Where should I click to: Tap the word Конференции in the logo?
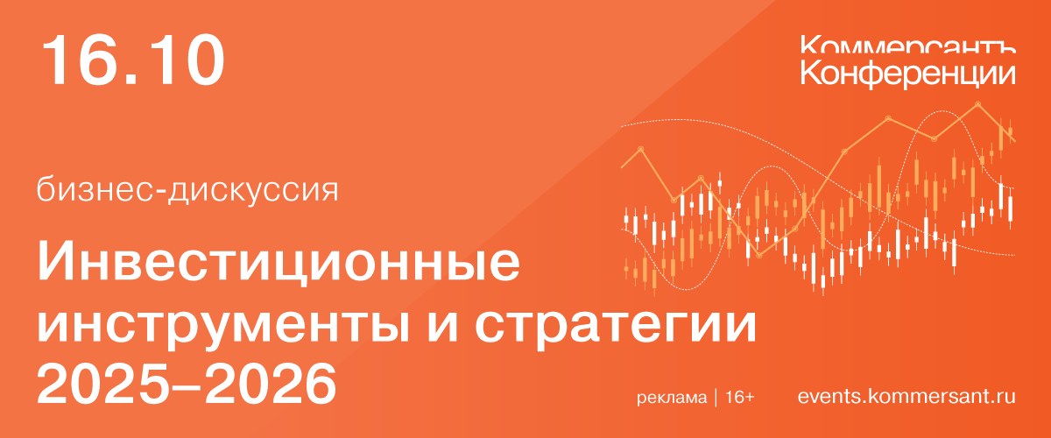[x=908, y=72]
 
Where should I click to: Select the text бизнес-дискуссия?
[x=187, y=188]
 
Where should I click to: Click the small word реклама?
[x=672, y=398]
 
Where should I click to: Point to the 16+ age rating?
[x=740, y=398]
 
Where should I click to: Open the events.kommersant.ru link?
[x=906, y=397]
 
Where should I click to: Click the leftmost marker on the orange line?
[x=639, y=149]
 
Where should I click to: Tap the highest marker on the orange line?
[x=977, y=104]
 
